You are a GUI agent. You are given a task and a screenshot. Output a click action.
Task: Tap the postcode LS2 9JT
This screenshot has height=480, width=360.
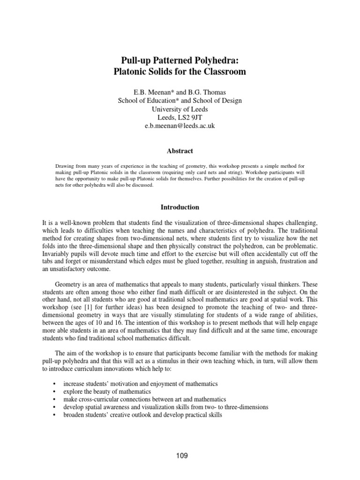click(191, 118)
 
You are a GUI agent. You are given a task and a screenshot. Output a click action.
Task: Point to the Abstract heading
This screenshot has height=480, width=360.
click(180, 151)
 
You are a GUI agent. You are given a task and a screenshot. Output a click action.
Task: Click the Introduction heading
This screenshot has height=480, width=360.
click(180, 207)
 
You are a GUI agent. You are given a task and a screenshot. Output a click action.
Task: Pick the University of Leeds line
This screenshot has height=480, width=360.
click(180, 109)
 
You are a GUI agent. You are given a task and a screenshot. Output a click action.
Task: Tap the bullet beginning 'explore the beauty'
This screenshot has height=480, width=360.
click(107, 391)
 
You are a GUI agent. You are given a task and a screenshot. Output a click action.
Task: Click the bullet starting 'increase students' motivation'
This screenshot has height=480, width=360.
click(141, 383)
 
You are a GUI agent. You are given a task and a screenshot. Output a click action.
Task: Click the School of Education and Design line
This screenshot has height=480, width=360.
click(180, 100)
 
